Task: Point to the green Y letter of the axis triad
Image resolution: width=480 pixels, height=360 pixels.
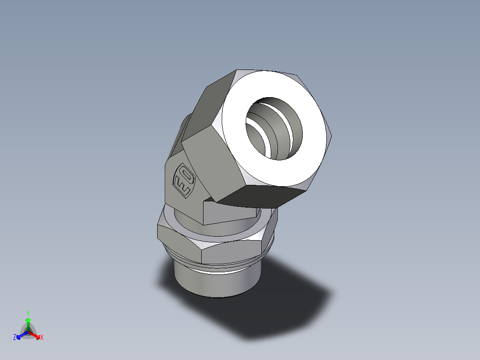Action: click(28, 313)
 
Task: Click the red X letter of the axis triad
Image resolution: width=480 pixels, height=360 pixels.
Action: click(42, 338)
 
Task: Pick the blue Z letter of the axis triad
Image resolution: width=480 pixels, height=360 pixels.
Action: click(15, 338)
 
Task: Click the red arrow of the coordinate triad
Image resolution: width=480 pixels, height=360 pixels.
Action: click(35, 335)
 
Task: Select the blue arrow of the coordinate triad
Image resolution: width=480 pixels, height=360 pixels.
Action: click(20, 335)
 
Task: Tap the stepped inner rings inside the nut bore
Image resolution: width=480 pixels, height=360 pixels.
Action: click(263, 134)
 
